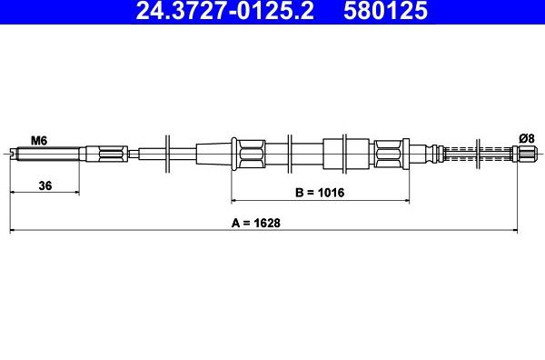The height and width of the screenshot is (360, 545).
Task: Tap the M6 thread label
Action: pos(39,140)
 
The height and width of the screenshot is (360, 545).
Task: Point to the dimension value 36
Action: pos(44,185)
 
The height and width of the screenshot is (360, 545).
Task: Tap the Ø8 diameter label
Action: pos(525,137)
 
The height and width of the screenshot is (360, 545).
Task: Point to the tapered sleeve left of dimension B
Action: pos(214,151)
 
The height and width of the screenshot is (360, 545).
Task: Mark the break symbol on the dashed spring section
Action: pos(477,151)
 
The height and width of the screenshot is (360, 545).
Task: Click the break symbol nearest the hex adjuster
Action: pos(169,151)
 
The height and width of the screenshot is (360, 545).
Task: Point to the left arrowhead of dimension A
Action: pos(12,231)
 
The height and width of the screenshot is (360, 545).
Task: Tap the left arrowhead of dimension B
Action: pos(234,200)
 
